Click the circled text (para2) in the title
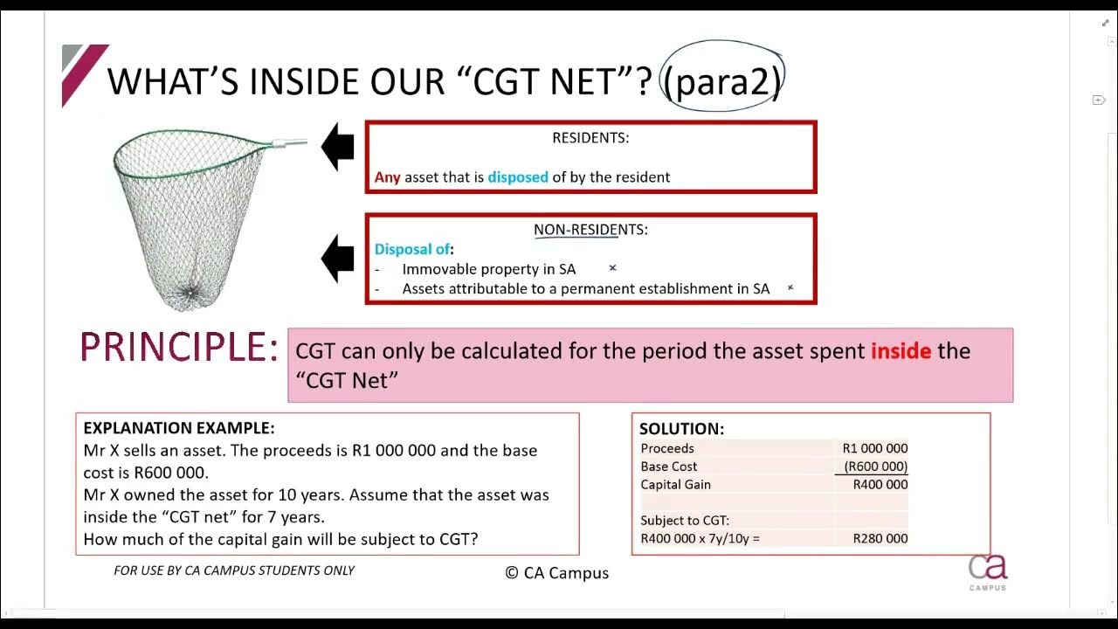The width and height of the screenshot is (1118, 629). pyautogui.click(x=721, y=80)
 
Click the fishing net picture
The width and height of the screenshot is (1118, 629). pyautogui.click(x=192, y=214)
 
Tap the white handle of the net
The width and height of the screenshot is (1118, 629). pyautogui.click(x=290, y=141)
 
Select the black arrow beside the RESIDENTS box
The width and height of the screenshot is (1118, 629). pyautogui.click(x=338, y=147)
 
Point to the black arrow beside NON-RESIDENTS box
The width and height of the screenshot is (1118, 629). pyautogui.click(x=338, y=258)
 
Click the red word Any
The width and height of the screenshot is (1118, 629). pyautogui.click(x=387, y=177)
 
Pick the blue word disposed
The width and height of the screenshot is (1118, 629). pyautogui.click(x=518, y=177)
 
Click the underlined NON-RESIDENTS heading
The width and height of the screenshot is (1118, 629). pyautogui.click(x=590, y=230)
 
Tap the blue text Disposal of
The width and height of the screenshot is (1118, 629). pyautogui.click(x=413, y=250)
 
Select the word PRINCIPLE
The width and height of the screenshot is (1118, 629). pyautogui.click(x=178, y=348)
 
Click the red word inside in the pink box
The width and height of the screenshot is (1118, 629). pyautogui.click(x=901, y=351)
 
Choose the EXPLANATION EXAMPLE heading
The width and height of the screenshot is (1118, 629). pyautogui.click(x=179, y=428)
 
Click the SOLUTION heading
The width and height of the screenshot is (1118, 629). pyautogui.click(x=681, y=429)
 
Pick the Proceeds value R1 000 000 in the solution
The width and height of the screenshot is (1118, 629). pyautogui.click(x=875, y=448)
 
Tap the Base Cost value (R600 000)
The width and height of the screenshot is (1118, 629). pyautogui.click(x=875, y=467)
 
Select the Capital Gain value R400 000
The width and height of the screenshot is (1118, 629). pyautogui.click(x=880, y=485)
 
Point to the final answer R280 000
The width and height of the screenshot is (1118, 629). pyautogui.click(x=880, y=538)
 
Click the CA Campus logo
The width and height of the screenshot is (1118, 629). pyautogui.click(x=988, y=570)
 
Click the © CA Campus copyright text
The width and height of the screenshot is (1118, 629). pyautogui.click(x=557, y=573)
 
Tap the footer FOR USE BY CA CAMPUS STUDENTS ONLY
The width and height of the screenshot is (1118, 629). pyautogui.click(x=234, y=570)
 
